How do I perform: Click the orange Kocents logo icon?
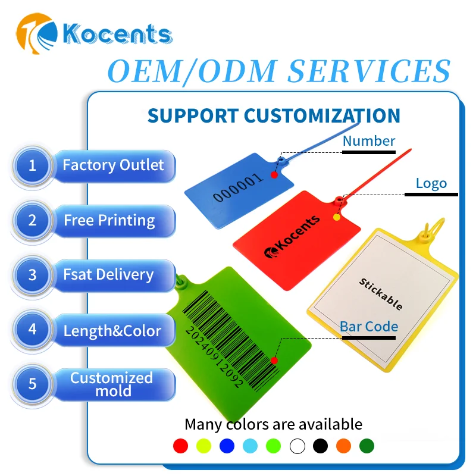pyautogui.click(x=36, y=36)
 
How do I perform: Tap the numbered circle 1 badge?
pyautogui.click(x=32, y=165)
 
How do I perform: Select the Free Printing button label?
pyautogui.click(x=109, y=221)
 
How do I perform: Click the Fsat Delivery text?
pyautogui.click(x=108, y=275)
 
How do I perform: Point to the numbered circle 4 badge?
pyautogui.click(x=32, y=330)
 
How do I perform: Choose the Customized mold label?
pyautogui.click(x=112, y=384)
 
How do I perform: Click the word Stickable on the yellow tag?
pyautogui.click(x=381, y=294)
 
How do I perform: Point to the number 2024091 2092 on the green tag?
pyautogui.click(x=214, y=356)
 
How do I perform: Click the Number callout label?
pyautogui.click(x=369, y=141)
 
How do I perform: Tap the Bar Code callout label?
pyautogui.click(x=369, y=326)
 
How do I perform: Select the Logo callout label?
pyautogui.click(x=431, y=183)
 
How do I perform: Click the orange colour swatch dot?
pyautogui.click(x=343, y=445)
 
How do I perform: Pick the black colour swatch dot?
pyautogui.click(x=320, y=445)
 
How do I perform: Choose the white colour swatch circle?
pyautogui.click(x=297, y=445)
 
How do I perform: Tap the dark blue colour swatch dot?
pyautogui.click(x=227, y=445)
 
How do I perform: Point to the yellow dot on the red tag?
pyautogui.click(x=336, y=217)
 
